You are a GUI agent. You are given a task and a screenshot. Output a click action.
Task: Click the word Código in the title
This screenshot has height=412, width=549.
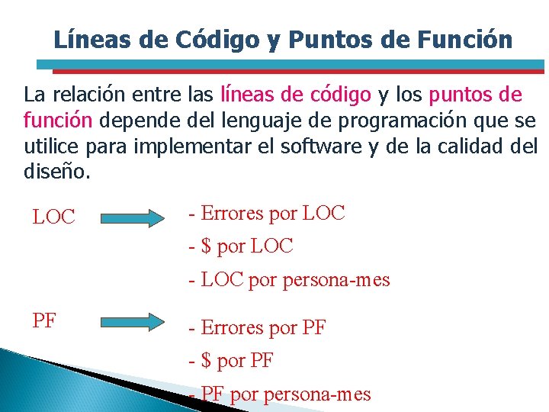221,40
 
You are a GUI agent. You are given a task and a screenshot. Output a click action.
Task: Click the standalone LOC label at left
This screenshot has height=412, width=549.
54,217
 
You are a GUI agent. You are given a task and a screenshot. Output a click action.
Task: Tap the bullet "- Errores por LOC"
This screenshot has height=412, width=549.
267,214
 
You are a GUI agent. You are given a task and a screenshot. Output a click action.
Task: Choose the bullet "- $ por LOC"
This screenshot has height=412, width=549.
241,246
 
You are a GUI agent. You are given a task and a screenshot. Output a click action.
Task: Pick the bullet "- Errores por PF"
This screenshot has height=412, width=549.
258,328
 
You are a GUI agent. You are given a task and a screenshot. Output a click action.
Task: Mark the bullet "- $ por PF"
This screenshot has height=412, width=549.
231,361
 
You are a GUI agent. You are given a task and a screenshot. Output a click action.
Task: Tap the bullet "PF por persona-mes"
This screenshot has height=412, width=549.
286,394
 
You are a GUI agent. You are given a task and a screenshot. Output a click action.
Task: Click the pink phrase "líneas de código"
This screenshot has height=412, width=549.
296,95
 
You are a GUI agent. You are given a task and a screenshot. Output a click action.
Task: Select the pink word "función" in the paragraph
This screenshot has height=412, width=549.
58,120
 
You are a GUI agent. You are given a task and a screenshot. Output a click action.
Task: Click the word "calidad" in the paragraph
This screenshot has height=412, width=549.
474,145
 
